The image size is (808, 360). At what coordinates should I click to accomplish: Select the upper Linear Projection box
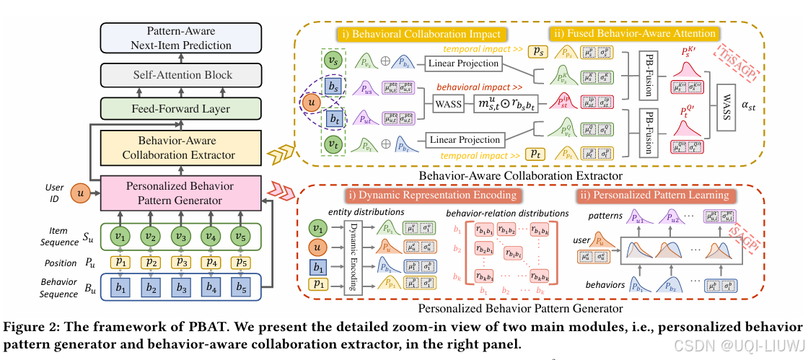463,63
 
